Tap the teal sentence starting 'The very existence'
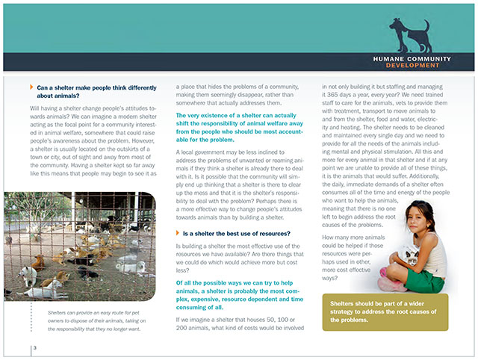click(234, 127)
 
